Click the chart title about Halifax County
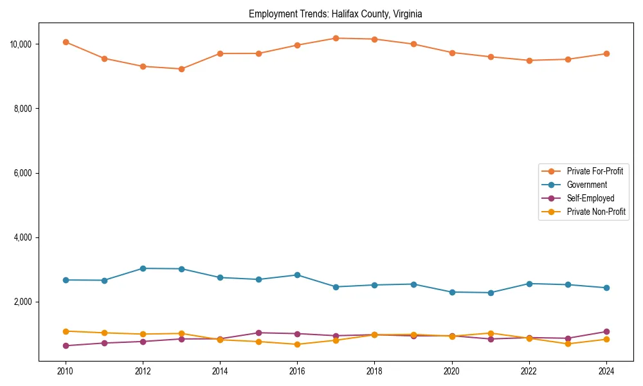point(335,14)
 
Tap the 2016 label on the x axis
point(297,371)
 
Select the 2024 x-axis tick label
point(606,371)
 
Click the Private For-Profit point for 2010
point(66,42)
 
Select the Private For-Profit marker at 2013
point(181,69)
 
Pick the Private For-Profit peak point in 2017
point(336,38)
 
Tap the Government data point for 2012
point(143,268)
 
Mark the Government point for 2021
point(491,293)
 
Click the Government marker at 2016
point(297,275)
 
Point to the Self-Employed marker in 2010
point(66,345)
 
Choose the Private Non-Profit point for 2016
point(297,344)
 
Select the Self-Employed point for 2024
point(606,331)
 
